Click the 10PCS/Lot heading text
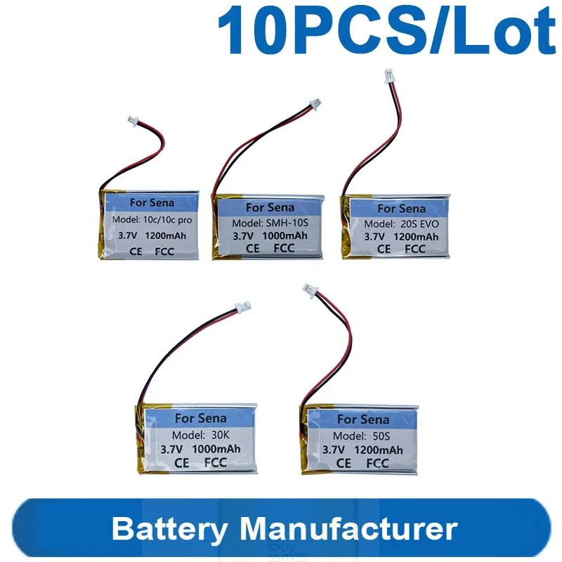386,30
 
